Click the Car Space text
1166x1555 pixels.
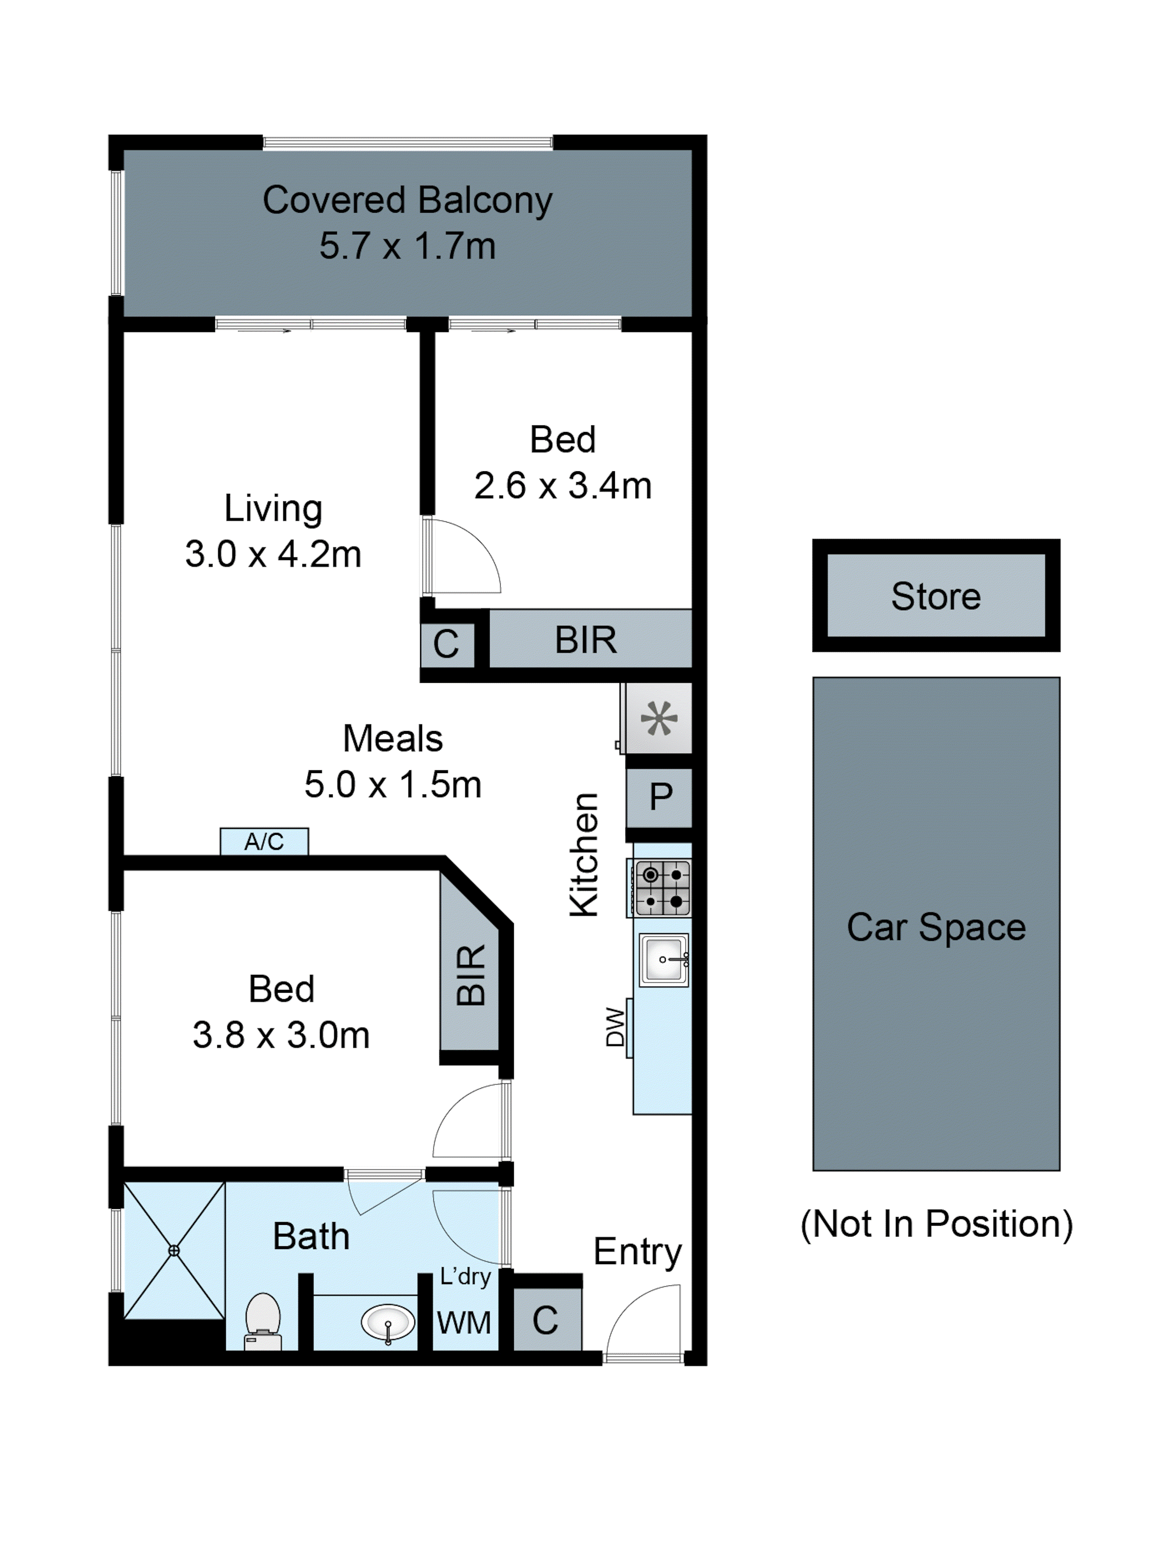click(x=936, y=927)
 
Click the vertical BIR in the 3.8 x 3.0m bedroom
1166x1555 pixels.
click(x=470, y=976)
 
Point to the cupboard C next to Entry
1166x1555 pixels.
click(x=545, y=1320)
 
